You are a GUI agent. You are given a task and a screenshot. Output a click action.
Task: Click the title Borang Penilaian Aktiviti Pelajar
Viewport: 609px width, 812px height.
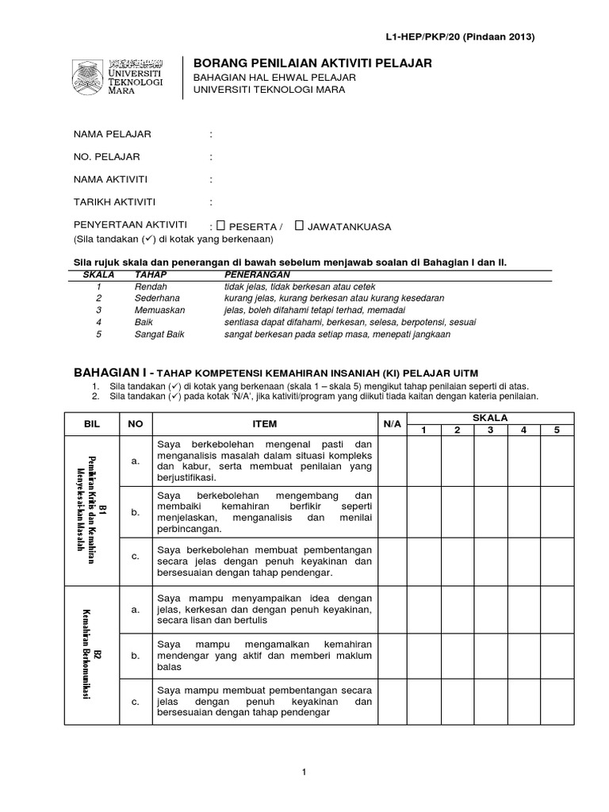(313, 63)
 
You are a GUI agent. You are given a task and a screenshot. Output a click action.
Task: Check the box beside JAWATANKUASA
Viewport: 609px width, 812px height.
(299, 226)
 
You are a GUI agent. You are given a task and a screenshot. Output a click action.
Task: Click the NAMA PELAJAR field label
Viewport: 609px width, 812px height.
(112, 133)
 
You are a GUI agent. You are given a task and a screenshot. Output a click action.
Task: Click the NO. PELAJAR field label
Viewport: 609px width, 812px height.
(106, 156)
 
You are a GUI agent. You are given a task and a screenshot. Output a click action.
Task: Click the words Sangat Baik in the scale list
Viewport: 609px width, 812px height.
(159, 335)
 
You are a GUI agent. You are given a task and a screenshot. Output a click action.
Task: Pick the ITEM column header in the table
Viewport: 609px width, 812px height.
(265, 424)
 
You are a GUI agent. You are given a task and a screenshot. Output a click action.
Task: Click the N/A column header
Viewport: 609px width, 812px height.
(392, 424)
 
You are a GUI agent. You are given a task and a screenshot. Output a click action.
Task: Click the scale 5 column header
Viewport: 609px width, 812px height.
(557, 431)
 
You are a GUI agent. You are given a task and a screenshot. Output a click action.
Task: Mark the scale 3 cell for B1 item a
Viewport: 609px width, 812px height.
(491, 462)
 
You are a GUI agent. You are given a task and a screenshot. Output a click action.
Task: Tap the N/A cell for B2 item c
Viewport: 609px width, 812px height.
(392, 701)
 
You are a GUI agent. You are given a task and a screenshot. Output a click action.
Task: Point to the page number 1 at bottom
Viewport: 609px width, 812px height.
(304, 772)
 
